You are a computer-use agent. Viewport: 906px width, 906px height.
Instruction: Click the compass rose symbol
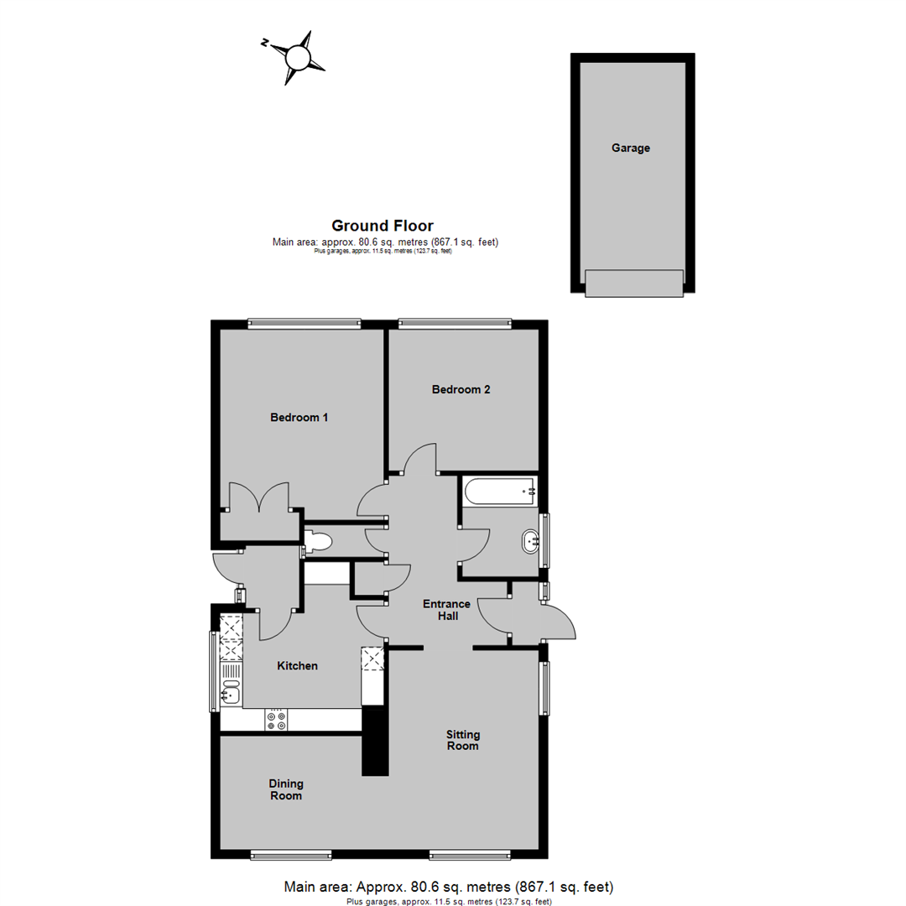[x=297, y=58]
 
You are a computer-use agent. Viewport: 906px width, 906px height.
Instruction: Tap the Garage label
[x=631, y=148]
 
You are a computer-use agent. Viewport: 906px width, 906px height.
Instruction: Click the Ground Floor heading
[x=383, y=225]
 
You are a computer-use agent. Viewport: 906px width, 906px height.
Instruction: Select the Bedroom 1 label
[x=299, y=417]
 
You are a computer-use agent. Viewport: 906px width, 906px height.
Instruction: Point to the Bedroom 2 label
[x=461, y=389]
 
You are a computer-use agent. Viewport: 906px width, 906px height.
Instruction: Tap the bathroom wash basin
[x=531, y=542]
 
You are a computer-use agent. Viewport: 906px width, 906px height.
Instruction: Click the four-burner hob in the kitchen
[x=276, y=721]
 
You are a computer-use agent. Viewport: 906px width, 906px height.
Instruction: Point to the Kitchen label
[x=298, y=666]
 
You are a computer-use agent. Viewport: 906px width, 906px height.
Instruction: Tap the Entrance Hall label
[x=446, y=610]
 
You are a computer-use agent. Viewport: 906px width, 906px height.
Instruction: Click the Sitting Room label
[x=462, y=740]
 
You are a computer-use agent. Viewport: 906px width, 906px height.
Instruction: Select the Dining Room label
[x=286, y=789]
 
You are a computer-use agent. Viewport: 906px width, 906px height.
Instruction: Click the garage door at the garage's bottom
[x=634, y=283]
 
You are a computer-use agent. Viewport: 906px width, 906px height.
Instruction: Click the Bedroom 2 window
[x=454, y=321]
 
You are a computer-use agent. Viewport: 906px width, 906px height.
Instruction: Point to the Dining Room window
[x=289, y=856]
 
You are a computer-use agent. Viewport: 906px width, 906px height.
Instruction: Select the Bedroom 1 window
[x=304, y=321]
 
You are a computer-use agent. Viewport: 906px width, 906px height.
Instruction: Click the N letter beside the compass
[x=264, y=44]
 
